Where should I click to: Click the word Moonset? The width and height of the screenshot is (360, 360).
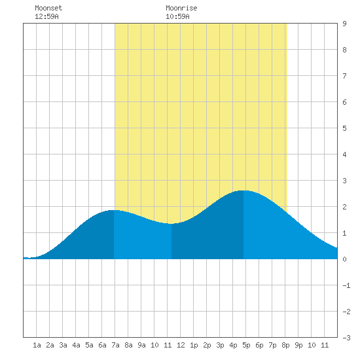pos(48,8)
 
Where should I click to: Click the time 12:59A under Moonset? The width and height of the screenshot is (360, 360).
pos(46,16)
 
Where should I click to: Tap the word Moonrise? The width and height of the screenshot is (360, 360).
pos(181,8)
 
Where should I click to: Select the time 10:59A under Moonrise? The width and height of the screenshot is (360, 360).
pos(177,16)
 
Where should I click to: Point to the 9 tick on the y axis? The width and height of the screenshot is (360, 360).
pos(344,24)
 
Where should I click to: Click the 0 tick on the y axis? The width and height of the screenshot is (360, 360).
pos(344,259)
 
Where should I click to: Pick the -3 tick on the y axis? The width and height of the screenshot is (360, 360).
pos(346,338)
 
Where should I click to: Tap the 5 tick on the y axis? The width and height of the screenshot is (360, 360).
pos(344,128)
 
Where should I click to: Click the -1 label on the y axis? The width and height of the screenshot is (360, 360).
pos(346,285)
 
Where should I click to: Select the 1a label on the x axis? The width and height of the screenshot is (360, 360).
pos(37,345)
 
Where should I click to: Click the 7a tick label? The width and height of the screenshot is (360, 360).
pos(115,345)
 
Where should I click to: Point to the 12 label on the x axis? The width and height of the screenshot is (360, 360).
pos(181,345)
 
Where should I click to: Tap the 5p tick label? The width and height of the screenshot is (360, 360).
pos(246,345)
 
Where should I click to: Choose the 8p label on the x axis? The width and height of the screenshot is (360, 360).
pos(285,345)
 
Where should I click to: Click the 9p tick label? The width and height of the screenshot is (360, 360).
pos(298,345)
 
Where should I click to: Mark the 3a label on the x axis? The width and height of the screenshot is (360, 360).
pos(63,345)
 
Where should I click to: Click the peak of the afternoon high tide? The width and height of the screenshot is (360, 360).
pos(243,190)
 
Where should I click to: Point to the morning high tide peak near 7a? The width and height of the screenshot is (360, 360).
pos(114,210)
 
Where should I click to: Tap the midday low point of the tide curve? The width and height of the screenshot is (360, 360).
pos(171,224)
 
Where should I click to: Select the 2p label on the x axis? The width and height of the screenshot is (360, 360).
pos(207,345)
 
